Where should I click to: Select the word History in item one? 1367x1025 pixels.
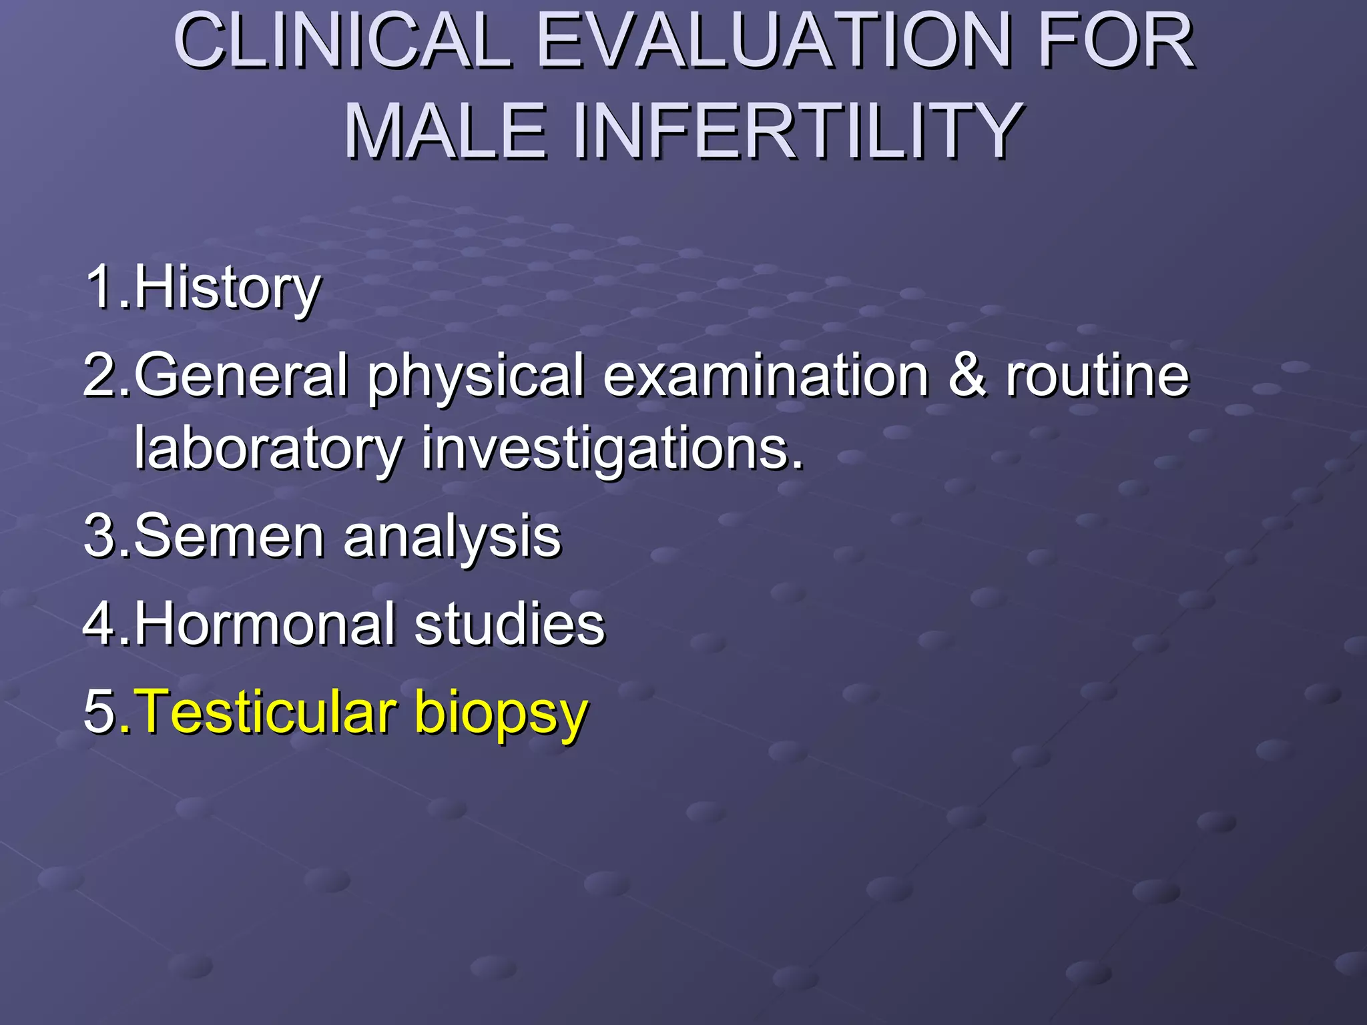[x=228, y=288]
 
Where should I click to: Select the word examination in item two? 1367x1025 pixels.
[x=766, y=375]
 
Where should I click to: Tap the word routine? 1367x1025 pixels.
[x=1097, y=375]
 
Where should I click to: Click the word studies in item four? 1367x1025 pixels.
[x=509, y=625]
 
